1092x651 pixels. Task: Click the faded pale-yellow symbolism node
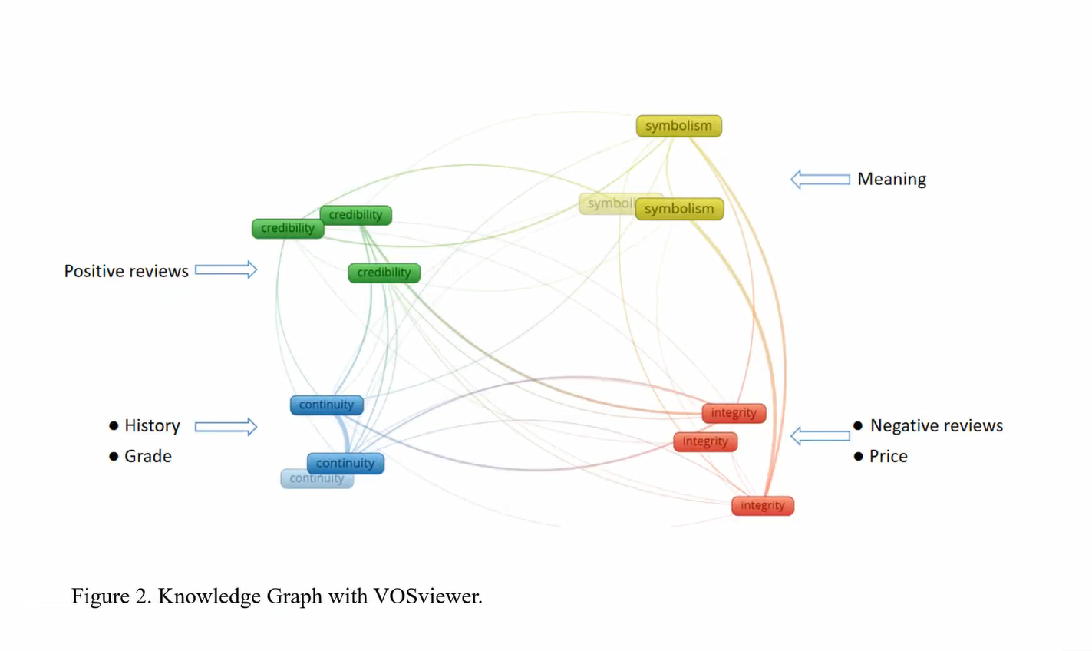click(x=606, y=203)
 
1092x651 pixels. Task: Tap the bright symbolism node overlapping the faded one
click(x=679, y=209)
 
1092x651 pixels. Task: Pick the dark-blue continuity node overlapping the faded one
click(x=345, y=463)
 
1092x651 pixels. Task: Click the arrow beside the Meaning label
click(x=820, y=179)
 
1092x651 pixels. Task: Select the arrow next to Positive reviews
click(x=226, y=270)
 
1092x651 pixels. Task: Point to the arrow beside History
click(x=226, y=426)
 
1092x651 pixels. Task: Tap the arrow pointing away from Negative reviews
click(x=820, y=435)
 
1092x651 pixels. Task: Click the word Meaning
click(x=892, y=179)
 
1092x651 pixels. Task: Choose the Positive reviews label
click(x=126, y=271)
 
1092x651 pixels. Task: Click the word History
click(x=152, y=425)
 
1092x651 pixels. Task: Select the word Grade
click(x=148, y=456)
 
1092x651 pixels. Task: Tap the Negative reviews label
click(x=936, y=425)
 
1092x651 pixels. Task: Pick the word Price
click(x=888, y=456)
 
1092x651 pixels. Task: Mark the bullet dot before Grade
click(x=114, y=456)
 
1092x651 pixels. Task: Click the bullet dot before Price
click(x=858, y=456)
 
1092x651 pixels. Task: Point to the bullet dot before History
click(x=114, y=425)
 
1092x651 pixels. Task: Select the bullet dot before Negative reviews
click(x=858, y=425)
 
